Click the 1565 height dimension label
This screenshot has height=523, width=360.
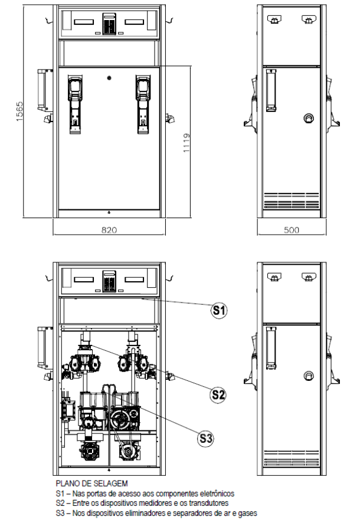click(19, 111)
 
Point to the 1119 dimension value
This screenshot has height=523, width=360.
click(186, 143)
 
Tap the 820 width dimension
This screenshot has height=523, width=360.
click(109, 230)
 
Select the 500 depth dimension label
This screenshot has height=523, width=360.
click(292, 230)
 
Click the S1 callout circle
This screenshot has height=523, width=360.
click(219, 311)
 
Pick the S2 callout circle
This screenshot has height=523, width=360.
click(218, 395)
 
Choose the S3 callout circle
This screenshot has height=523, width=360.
click(205, 438)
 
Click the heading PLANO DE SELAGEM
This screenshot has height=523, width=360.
click(92, 483)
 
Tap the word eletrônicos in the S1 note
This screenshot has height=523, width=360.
click(217, 494)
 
